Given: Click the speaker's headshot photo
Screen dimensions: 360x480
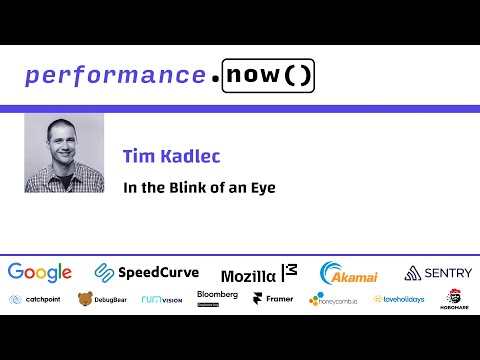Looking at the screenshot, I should tap(64, 152).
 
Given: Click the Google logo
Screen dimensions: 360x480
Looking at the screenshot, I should tap(40, 272).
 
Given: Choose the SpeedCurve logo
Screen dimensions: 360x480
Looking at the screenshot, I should tap(147, 272).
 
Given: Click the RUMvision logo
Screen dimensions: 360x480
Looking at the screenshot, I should tap(161, 299).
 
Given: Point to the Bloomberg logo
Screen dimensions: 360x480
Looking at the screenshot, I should tap(217, 299).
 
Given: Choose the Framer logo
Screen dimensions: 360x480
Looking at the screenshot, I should tap(272, 299).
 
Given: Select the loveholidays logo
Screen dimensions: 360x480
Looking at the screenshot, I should tap(399, 299).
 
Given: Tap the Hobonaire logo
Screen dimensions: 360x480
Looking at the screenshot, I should tap(454, 298).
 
